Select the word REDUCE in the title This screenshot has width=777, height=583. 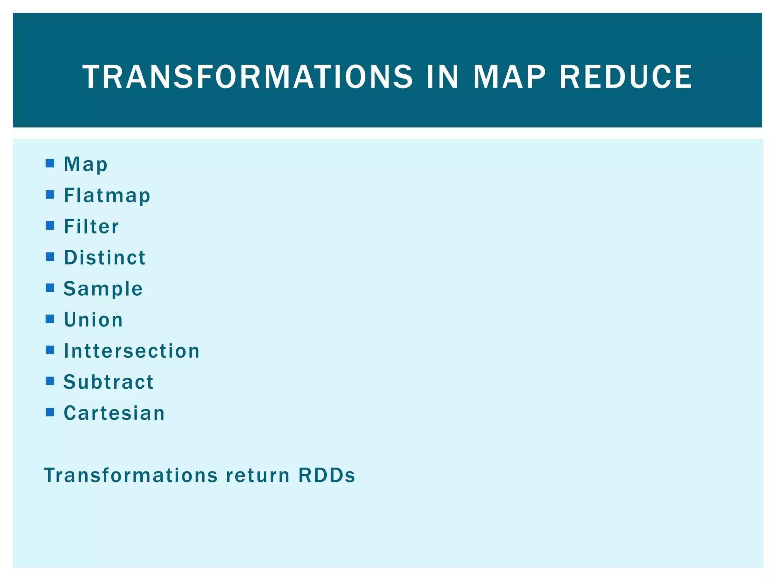click(x=626, y=77)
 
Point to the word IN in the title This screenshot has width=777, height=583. click(x=442, y=77)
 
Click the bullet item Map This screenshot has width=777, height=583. click(x=86, y=165)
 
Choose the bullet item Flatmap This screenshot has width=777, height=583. click(x=107, y=196)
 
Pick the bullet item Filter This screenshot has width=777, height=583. click(x=91, y=227)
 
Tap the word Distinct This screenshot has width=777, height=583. click(x=105, y=258)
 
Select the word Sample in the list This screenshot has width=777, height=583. click(x=103, y=289)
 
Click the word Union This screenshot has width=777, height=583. click(x=93, y=320)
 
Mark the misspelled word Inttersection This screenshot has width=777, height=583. click(x=132, y=351)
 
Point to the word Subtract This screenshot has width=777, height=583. click(x=109, y=382)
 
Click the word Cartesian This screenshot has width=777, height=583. click(x=114, y=413)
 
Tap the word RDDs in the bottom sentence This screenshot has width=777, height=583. click(x=327, y=475)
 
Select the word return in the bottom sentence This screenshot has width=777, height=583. click(x=258, y=475)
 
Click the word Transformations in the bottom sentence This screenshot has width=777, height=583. click(x=131, y=475)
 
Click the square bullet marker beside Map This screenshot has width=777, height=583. click(x=50, y=164)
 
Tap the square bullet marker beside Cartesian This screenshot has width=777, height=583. click(x=50, y=412)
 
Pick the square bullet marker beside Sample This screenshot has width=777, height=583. click(x=50, y=288)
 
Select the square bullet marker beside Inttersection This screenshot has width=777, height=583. click(x=50, y=350)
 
